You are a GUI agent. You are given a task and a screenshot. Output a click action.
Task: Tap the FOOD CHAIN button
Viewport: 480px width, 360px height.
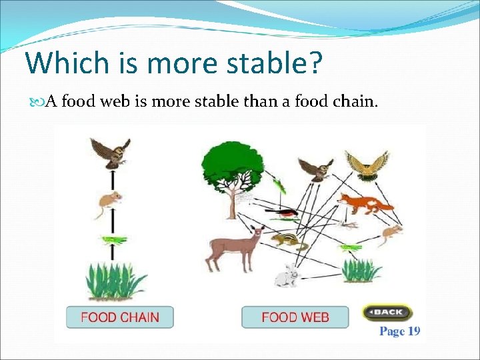(120, 317)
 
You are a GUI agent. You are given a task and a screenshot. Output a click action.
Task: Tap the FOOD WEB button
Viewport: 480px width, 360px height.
(295, 317)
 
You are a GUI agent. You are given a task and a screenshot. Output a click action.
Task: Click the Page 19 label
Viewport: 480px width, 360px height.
(399, 331)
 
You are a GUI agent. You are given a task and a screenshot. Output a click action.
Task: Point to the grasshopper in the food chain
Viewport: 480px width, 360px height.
(113, 239)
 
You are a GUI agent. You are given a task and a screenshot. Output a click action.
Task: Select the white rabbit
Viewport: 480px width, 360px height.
(288, 275)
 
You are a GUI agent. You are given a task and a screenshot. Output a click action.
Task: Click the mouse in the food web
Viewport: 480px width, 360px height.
(389, 233)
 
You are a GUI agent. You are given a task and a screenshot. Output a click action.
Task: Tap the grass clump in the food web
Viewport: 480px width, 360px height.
(361, 270)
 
